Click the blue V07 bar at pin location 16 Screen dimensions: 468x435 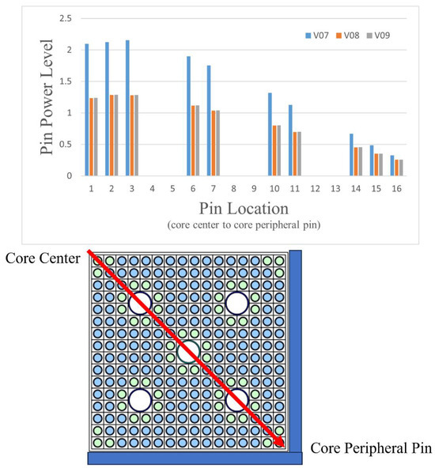click(392, 165)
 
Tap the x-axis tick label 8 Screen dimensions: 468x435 click(233, 189)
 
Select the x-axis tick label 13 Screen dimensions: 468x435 click(335, 189)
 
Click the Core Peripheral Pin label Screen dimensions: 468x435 click(370, 448)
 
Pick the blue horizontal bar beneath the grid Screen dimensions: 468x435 click(195, 458)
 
